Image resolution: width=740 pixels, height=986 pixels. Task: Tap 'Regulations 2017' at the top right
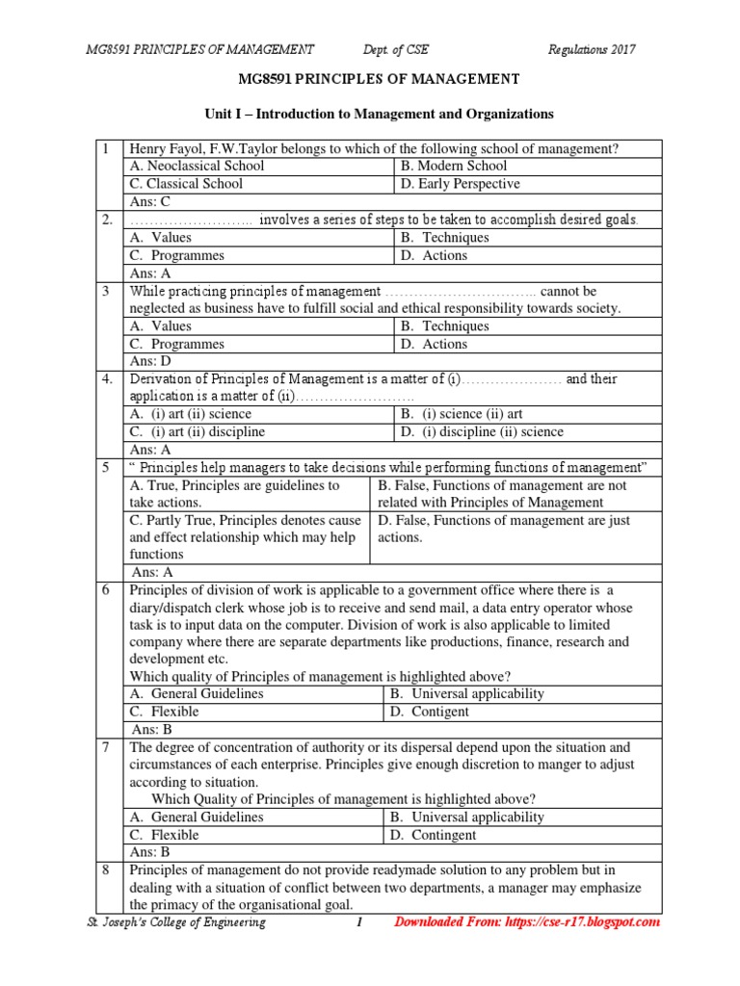(592, 49)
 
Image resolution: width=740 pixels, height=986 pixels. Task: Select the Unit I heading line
(379, 114)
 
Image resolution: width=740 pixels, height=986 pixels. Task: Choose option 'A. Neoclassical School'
(197, 166)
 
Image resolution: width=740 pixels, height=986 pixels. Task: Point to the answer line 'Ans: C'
(149, 202)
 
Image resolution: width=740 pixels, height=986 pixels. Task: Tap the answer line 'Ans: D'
(150, 361)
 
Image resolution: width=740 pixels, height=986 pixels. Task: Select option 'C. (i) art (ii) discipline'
(198, 431)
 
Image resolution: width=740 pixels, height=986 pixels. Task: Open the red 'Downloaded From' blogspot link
(528, 922)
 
